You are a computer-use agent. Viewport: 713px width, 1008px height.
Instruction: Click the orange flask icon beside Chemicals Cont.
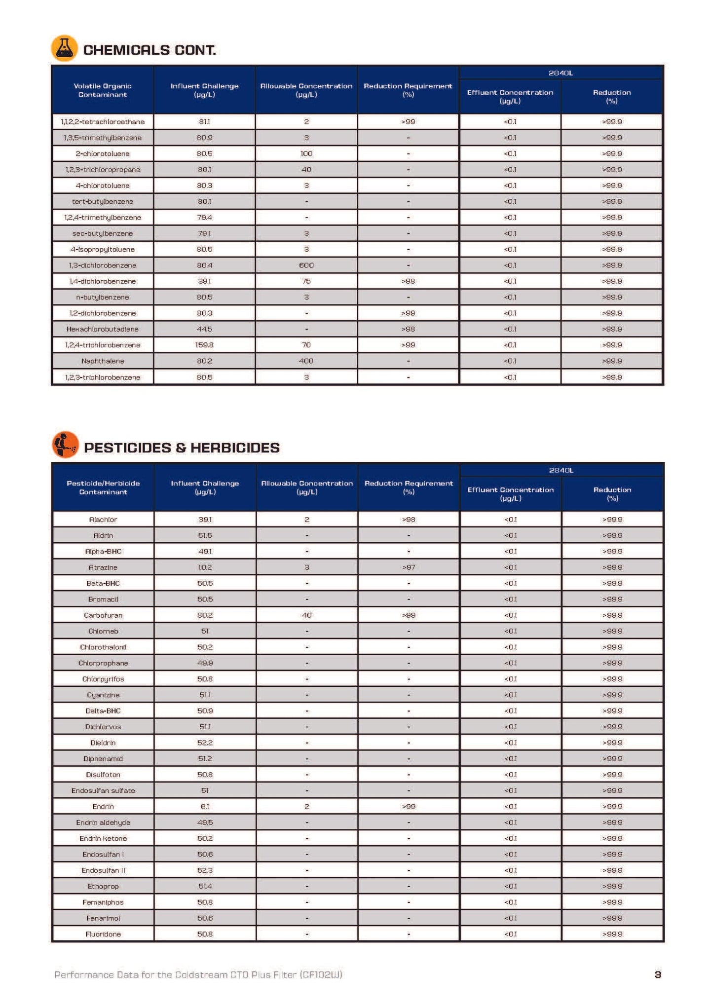coord(64,48)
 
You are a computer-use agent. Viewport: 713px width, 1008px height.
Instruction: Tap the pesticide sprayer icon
coord(65,445)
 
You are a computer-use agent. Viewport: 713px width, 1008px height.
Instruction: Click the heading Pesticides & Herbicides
coord(182,448)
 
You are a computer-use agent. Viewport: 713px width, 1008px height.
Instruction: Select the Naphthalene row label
coord(103,361)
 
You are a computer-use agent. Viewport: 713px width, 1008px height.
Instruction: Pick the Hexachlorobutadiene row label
coord(103,329)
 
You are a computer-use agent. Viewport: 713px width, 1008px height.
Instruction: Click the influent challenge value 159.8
coord(204,345)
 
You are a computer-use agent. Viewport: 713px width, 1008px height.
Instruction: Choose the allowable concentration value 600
coord(306,265)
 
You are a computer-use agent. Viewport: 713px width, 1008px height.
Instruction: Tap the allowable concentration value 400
coord(306,361)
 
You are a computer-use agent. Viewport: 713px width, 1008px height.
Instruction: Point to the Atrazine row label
coord(103,567)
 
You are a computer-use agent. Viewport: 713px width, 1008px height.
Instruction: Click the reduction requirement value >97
coord(409,567)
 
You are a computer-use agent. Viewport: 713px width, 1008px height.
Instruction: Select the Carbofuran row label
coord(103,615)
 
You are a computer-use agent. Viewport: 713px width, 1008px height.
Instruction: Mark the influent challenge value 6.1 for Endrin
coord(205,807)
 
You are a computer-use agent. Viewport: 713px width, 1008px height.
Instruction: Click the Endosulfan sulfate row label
coord(103,790)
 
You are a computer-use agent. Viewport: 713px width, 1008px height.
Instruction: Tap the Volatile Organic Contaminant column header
coord(103,90)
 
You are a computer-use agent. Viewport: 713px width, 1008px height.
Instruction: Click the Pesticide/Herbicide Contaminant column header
coord(103,487)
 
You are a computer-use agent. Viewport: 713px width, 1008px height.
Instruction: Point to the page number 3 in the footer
coord(657,974)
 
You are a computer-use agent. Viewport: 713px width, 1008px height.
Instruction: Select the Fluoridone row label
coord(103,934)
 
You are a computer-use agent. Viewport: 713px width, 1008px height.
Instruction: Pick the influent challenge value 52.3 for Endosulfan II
coord(205,870)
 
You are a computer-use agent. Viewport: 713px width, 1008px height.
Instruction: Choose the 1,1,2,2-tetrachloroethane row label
coord(103,122)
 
